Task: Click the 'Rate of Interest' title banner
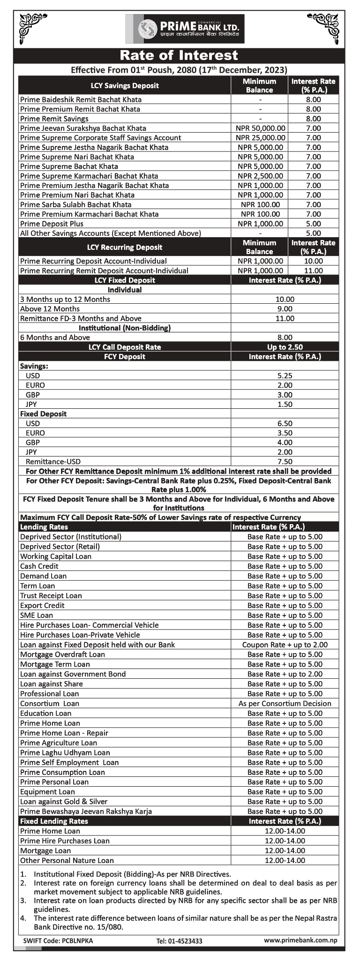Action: [179, 55]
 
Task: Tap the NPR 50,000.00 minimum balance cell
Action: [260, 128]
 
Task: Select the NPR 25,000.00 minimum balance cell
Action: [260, 138]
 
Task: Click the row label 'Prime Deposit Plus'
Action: [52, 224]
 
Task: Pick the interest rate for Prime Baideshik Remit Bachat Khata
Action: [313, 99]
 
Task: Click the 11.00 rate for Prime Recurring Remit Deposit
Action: [313, 270]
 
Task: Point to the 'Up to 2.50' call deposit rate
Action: [285, 347]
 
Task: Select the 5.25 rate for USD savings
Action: [285, 376]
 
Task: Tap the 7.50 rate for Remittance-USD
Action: [285, 461]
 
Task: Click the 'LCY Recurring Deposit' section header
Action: [125, 247]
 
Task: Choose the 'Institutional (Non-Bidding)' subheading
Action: [125, 328]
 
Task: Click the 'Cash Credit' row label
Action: [39, 566]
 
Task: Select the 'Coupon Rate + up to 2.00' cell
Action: [285, 645]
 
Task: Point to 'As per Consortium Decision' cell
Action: [285, 703]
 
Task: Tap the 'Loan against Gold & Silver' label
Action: [64, 801]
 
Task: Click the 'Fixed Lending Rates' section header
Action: [54, 821]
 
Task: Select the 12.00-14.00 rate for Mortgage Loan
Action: [285, 850]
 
